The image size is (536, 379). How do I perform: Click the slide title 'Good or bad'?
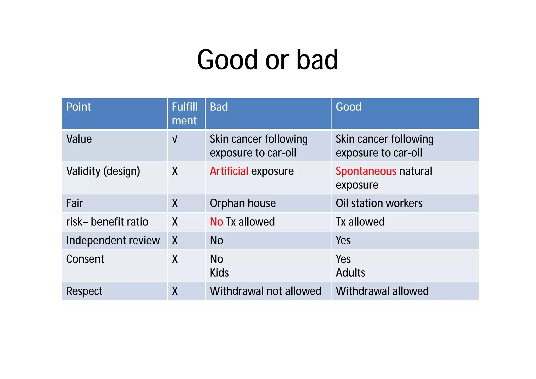point(267,60)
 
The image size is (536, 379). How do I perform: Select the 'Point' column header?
point(79,107)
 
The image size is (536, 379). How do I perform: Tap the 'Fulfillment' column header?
point(185,114)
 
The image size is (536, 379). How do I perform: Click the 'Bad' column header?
point(219,107)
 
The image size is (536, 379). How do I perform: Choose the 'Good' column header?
point(348,107)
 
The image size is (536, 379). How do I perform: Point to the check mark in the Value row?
point(175,139)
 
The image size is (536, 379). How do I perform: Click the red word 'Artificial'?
point(229,171)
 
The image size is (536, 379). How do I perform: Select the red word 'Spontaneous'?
point(366,171)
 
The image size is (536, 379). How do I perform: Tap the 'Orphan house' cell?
point(243,203)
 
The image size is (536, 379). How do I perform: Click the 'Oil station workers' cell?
point(379,203)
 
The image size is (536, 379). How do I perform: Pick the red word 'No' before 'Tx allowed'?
point(216,222)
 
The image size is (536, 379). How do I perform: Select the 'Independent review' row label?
point(113,240)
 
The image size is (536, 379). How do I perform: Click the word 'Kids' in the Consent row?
point(219,273)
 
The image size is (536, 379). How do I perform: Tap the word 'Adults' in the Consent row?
point(350,273)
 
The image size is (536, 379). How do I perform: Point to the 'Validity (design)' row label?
point(103,171)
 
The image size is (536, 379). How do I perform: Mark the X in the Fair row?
point(175,203)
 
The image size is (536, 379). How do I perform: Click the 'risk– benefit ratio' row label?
point(107,222)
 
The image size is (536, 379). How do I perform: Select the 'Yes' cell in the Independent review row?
point(343,240)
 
